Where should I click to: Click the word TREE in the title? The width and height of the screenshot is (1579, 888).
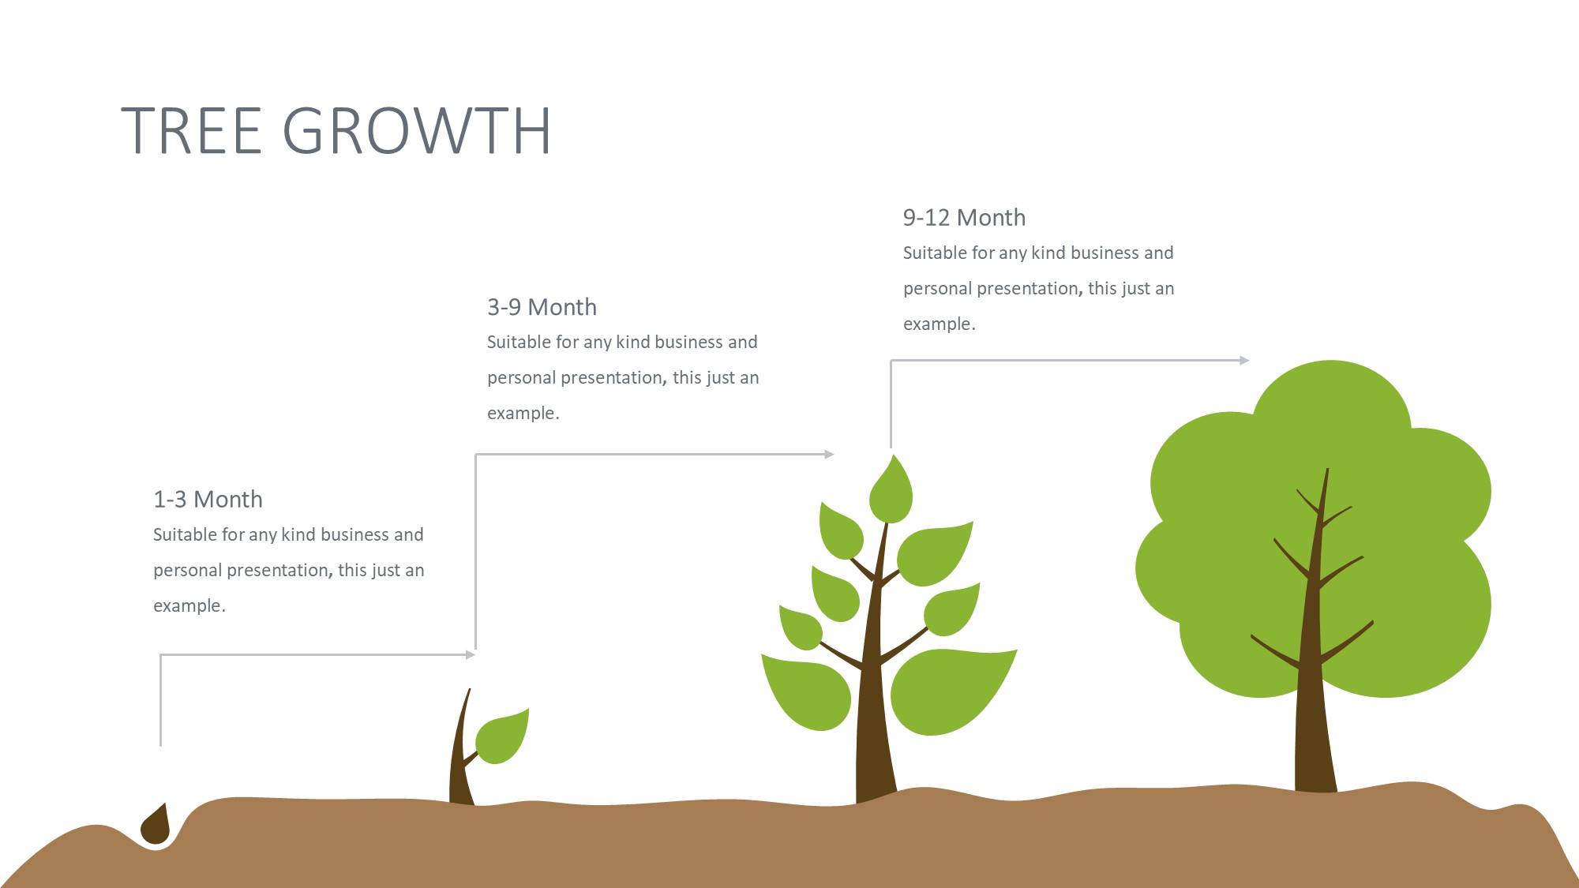click(191, 130)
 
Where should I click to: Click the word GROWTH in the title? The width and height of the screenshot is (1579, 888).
click(417, 130)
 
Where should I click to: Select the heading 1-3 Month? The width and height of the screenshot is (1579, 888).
click(208, 500)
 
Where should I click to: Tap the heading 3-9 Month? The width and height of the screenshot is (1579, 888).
click(542, 307)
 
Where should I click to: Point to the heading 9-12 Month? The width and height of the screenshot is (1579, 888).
click(964, 218)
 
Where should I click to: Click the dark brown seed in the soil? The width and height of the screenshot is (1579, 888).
click(156, 825)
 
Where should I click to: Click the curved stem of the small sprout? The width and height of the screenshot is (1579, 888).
click(461, 750)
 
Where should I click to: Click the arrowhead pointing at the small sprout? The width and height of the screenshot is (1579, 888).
click(471, 654)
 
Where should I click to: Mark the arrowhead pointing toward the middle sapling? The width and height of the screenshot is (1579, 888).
click(829, 454)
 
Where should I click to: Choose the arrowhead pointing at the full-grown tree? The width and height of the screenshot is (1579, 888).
click(1244, 360)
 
